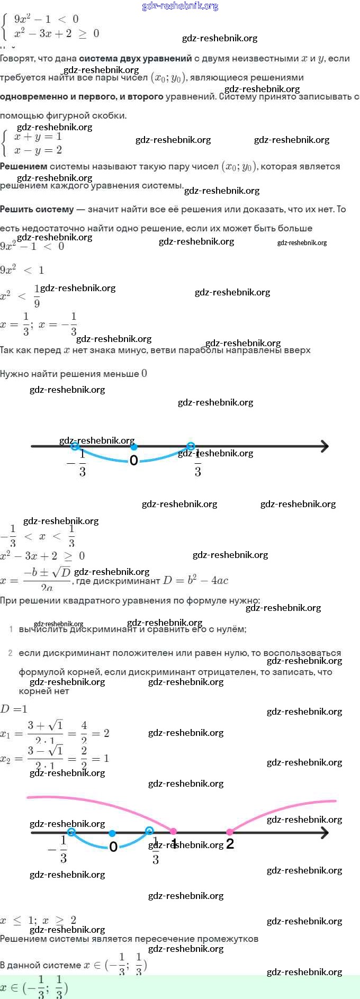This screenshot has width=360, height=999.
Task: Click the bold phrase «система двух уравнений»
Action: [136, 58]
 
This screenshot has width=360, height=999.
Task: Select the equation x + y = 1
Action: [38, 136]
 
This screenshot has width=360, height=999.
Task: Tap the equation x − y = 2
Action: [38, 150]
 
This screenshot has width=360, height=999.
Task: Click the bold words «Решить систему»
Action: [37, 209]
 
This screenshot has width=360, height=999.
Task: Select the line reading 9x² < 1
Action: [22, 270]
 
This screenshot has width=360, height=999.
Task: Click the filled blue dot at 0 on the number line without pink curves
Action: [133, 447]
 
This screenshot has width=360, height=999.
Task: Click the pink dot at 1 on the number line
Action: [173, 832]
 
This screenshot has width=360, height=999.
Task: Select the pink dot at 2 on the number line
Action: [230, 832]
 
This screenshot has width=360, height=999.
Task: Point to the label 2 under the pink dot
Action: [230, 844]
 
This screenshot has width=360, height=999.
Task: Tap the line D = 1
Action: [14, 709]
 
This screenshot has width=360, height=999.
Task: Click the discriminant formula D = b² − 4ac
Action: [195, 580]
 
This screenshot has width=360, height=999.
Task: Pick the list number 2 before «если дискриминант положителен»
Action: [10, 653]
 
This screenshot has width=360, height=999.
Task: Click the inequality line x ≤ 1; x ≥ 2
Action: [38, 920]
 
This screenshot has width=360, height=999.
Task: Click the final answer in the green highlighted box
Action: [34, 987]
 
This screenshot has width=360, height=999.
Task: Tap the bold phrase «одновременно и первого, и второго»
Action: [82, 96]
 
